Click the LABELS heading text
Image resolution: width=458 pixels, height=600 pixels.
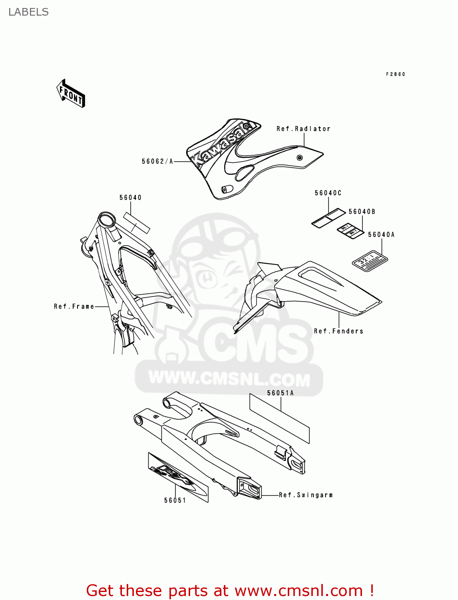tap(28, 12)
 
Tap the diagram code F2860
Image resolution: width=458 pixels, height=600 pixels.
tap(395, 74)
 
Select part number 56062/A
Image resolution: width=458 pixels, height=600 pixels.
tap(157, 162)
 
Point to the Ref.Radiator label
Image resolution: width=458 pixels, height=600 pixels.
tap(303, 129)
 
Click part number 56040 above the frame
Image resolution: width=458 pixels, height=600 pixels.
tap(130, 198)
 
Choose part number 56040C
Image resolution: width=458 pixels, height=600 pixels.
tap(328, 193)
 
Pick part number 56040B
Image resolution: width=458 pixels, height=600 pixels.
tap(362, 212)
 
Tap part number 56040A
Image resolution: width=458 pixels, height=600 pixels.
tap(381, 235)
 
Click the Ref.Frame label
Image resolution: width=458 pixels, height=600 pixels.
tap(74, 306)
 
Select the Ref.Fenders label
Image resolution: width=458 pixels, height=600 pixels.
tap(339, 331)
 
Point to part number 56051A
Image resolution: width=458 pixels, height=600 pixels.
tap(280, 393)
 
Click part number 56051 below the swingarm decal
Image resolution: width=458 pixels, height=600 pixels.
tap(175, 500)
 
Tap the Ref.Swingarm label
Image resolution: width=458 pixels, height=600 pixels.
tap(306, 495)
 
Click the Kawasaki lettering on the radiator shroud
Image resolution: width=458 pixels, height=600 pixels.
tap(222, 144)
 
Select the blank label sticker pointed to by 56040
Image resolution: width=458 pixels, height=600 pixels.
tap(136, 223)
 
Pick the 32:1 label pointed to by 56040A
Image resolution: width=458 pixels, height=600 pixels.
tap(370, 260)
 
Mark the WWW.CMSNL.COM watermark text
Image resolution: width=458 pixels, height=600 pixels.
tap(229, 378)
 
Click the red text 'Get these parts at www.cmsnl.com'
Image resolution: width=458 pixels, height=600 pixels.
tap(230, 590)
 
